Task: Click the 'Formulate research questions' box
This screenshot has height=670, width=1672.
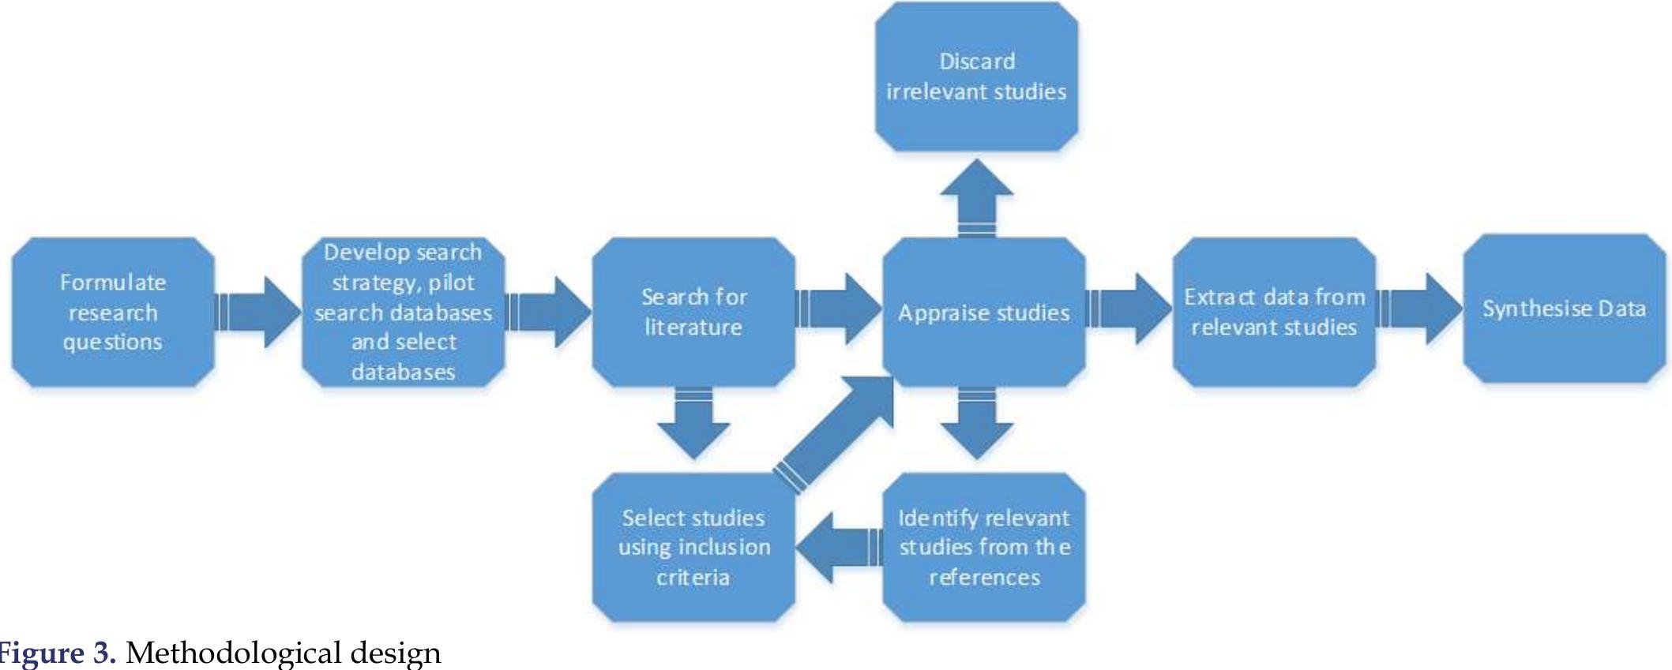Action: pyautogui.click(x=113, y=312)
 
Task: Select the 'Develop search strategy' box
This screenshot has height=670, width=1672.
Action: pyautogui.click(x=403, y=312)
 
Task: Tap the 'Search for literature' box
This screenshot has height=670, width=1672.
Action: pyautogui.click(x=693, y=312)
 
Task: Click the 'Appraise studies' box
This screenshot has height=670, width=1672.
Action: pyautogui.click(x=983, y=312)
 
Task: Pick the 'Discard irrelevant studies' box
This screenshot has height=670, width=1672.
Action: pyautogui.click(x=976, y=77)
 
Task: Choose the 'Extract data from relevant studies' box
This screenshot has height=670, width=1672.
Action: pyautogui.click(x=1274, y=312)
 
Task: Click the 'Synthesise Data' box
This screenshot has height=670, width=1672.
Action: pyautogui.click(x=1564, y=309)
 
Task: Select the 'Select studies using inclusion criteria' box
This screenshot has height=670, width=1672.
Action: pyautogui.click(x=693, y=547)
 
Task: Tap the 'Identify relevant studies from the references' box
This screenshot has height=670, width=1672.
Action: pyautogui.click(x=983, y=547)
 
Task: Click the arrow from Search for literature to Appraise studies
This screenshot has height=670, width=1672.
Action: pyautogui.click(x=837, y=309)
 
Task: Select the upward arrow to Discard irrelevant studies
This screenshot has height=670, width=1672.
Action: pyautogui.click(x=977, y=197)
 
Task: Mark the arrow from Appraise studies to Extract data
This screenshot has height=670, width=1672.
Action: pyautogui.click(x=1128, y=309)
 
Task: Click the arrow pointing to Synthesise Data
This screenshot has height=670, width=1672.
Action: pyautogui.click(x=1418, y=309)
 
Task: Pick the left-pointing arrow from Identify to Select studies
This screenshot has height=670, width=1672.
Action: pyautogui.click(x=839, y=547)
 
